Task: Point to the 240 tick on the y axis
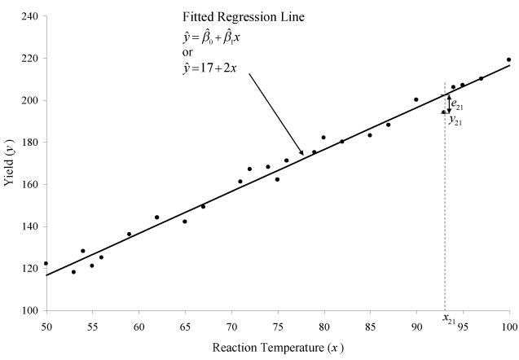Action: coord(30,16)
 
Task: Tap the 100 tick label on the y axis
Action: coord(30,310)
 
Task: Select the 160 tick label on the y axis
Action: coord(30,184)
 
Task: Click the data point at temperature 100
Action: coord(509,59)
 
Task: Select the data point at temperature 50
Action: coord(46,263)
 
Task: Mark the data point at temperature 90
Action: coord(416,99)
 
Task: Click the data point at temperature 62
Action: coord(156,217)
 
